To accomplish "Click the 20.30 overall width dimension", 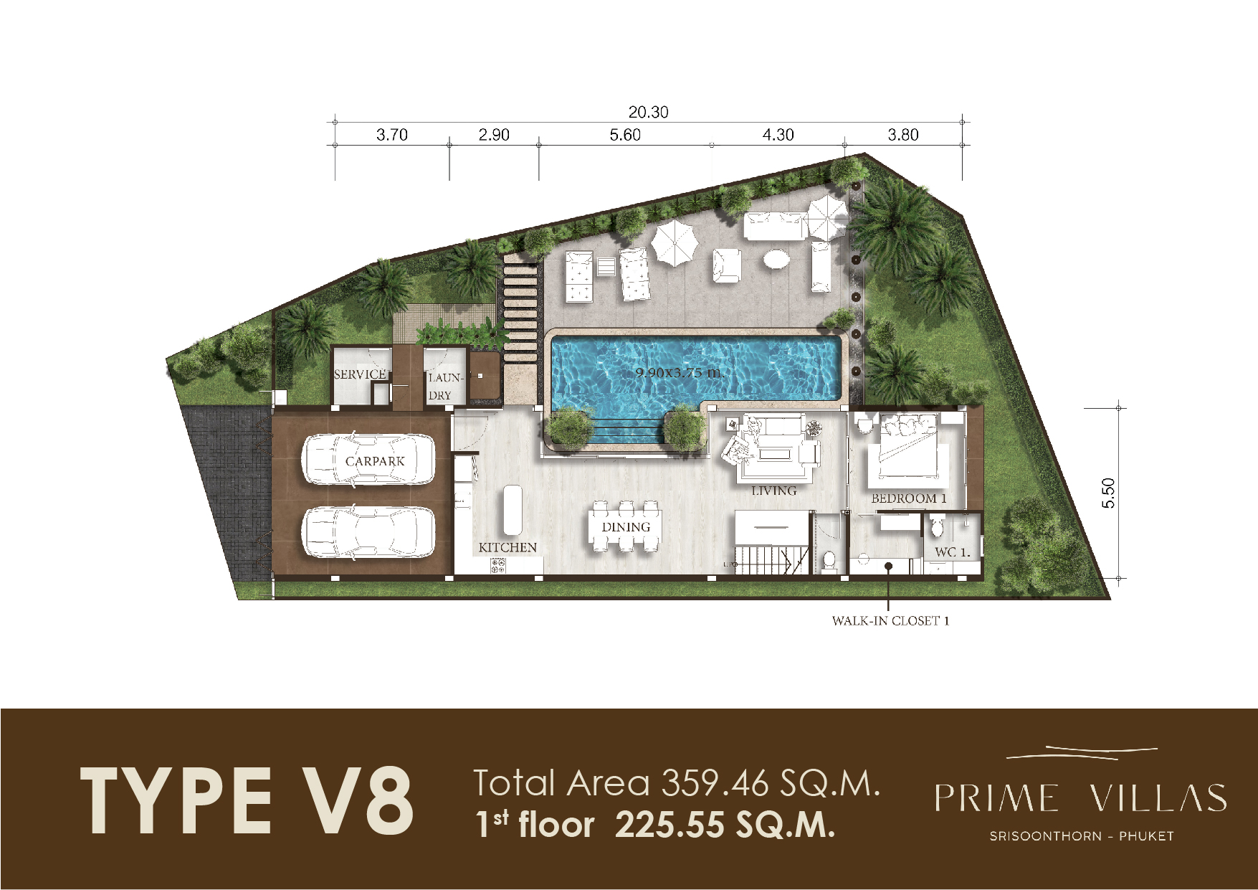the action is click(648, 112).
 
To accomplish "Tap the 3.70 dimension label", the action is click(391, 135).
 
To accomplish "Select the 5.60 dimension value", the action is click(625, 135).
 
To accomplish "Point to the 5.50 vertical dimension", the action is click(1108, 493).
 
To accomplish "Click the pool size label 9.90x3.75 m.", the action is click(680, 372).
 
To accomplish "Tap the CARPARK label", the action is click(375, 461).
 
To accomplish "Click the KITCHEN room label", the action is click(508, 547).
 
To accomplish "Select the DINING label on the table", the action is click(626, 527).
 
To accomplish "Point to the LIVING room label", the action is click(774, 491).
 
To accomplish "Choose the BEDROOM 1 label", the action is click(909, 498).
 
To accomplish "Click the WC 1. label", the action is click(953, 552).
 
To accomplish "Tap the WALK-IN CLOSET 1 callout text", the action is click(890, 621).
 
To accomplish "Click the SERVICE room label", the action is click(360, 374).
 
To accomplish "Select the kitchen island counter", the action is click(513, 510).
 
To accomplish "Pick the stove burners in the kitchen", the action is click(498, 566).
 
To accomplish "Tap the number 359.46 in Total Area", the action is click(715, 783).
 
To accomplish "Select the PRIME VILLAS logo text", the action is click(1081, 798).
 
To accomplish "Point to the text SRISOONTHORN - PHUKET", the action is click(1082, 836).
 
